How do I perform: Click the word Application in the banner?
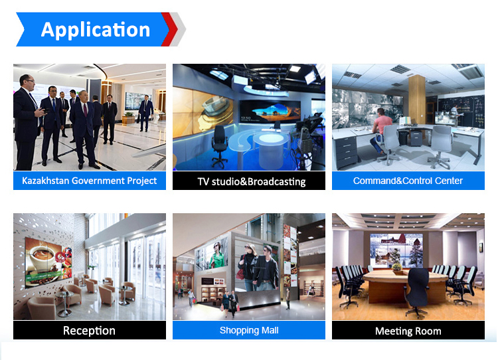click(95, 30)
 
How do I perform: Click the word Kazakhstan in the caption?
click(45, 181)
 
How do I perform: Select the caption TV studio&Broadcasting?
click(251, 181)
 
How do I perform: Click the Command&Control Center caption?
click(408, 181)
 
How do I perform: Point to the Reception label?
click(89, 331)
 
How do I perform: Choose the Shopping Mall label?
click(249, 330)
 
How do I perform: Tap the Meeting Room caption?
click(408, 331)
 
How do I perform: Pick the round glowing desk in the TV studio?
click(270, 149)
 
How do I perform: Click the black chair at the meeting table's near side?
click(416, 292)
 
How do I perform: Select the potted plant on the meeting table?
click(397, 267)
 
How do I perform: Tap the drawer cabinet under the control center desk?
click(346, 152)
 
